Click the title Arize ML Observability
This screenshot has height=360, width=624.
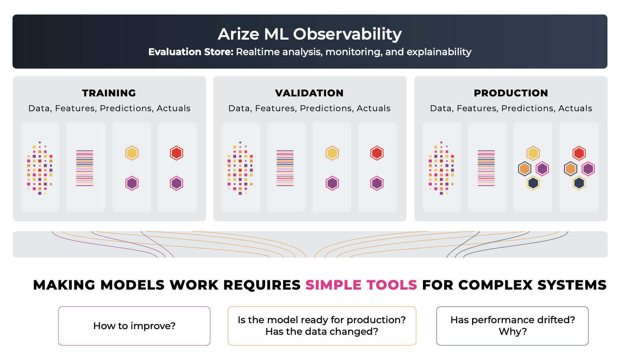[309, 34]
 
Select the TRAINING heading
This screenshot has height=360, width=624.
[109, 93]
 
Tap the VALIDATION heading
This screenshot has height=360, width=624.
[309, 93]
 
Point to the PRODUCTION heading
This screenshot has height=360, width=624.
[511, 93]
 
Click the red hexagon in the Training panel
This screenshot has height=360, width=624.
[176, 153]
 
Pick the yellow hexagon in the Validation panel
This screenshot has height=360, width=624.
[332, 153]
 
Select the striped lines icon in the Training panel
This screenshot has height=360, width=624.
[85, 168]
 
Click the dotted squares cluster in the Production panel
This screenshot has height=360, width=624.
[441, 168]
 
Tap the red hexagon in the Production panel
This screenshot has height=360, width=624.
[579, 153]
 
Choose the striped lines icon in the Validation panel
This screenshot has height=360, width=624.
[285, 168]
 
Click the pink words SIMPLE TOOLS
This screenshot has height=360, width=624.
[361, 285]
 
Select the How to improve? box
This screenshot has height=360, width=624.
[134, 326]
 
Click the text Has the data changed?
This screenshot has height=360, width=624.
[322, 332]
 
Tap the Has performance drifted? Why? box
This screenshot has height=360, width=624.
[512, 326]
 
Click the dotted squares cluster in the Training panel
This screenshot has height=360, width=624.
[40, 168]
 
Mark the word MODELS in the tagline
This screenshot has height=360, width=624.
[133, 285]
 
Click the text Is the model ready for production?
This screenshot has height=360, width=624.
[322, 320]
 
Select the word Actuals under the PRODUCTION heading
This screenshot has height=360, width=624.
[575, 108]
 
